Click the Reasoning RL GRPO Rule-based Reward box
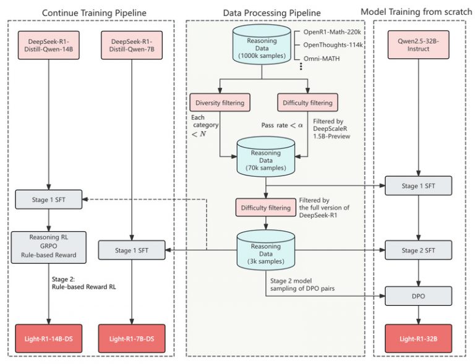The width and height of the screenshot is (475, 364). [48, 246]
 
